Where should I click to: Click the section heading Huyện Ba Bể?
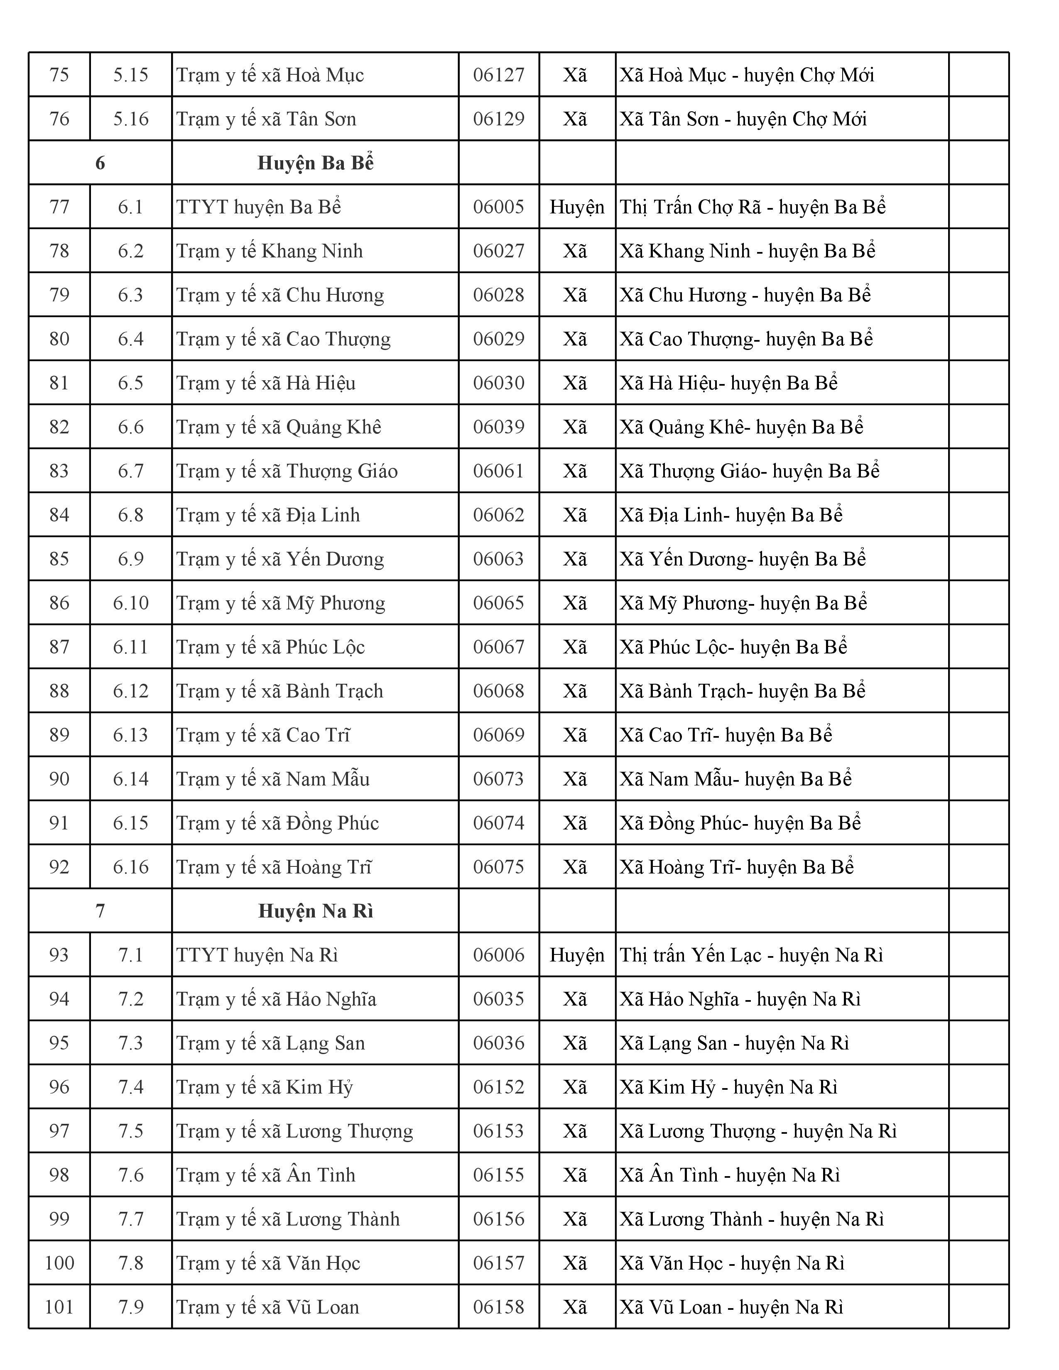[316, 163]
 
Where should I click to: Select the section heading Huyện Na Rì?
[316, 911]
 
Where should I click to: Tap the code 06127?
[499, 75]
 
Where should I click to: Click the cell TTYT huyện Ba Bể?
[258, 207]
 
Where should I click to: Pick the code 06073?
[499, 779]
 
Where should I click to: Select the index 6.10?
[130, 603]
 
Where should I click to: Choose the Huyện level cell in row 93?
[576, 955]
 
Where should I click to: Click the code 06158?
[499, 1307]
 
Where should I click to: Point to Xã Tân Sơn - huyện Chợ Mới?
[743, 119]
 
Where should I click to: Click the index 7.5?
[130, 1131]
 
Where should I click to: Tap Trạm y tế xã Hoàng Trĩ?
[274, 867]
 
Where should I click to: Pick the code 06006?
[499, 955]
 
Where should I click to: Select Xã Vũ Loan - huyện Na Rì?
[731, 1307]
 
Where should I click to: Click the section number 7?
[100, 911]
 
